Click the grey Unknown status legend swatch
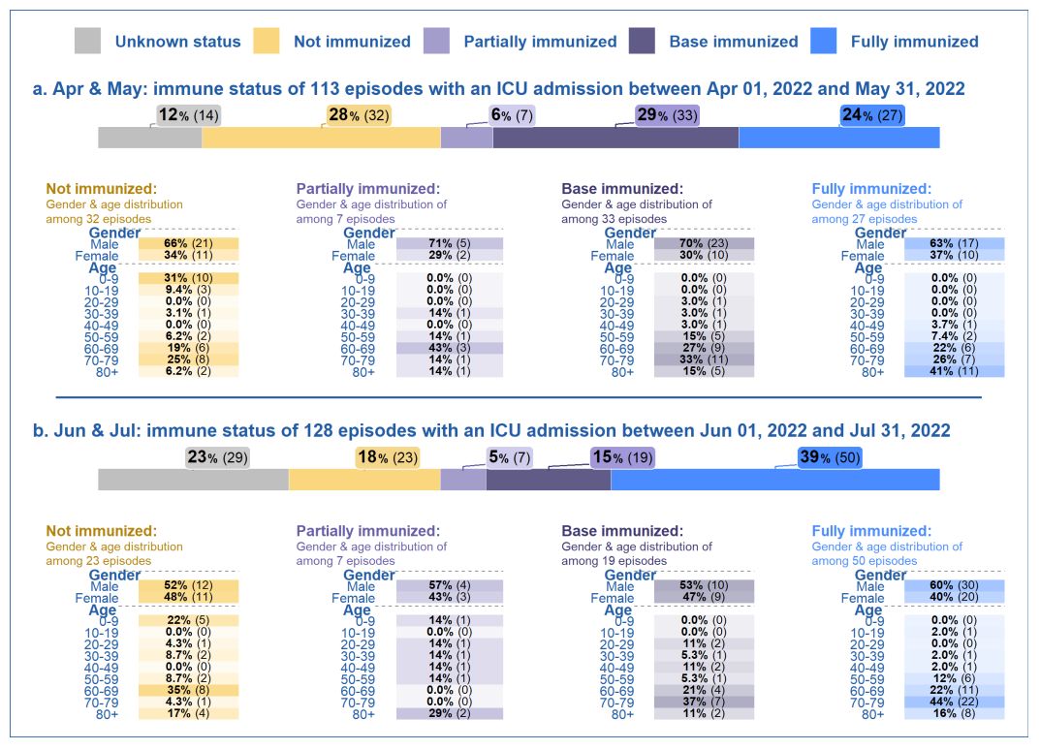pyautogui.click(x=87, y=41)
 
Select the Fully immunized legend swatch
pyautogui.click(x=822, y=41)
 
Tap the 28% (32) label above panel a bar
pyautogui.click(x=359, y=115)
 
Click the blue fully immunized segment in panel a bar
pyautogui.click(x=838, y=138)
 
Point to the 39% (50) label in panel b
pyautogui.click(x=830, y=457)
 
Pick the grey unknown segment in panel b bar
pyautogui.click(x=193, y=479)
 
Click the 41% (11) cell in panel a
pyautogui.click(x=954, y=371)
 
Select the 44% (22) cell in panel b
pyautogui.click(x=954, y=702)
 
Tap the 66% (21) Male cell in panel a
pyautogui.click(x=188, y=243)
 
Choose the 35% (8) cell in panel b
pyautogui.click(x=188, y=690)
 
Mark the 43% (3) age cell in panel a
pyautogui.click(x=450, y=348)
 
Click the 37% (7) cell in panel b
pyautogui.click(x=704, y=702)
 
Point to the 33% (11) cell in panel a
pyautogui.click(x=704, y=359)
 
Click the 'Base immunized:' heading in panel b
pyautogui.click(x=622, y=531)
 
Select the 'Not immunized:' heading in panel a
pyautogui.click(x=101, y=189)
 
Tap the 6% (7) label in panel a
pyautogui.click(x=512, y=115)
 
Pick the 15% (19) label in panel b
pyautogui.click(x=622, y=457)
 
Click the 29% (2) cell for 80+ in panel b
pyautogui.click(x=450, y=713)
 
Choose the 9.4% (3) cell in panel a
pyautogui.click(x=188, y=290)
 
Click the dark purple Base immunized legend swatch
pyautogui.click(x=643, y=41)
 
